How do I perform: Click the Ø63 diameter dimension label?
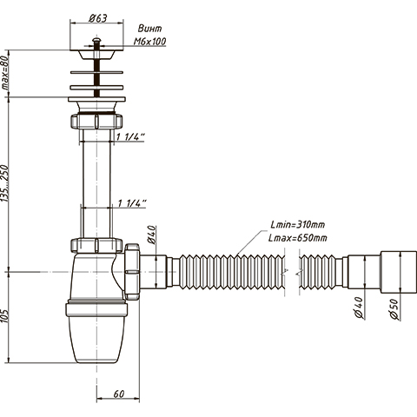click(98, 18)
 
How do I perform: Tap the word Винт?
click(149, 29)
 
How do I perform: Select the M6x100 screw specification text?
click(149, 42)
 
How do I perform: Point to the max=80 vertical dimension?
click(5, 73)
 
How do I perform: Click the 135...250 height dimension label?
click(5, 183)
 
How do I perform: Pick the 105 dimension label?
click(5, 316)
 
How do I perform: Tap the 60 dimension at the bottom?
click(119, 394)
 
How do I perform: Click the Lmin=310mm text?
click(298, 224)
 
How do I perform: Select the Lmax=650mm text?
click(298, 238)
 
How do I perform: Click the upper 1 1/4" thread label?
click(130, 136)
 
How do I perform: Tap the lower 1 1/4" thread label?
click(132, 203)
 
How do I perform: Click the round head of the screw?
click(96, 40)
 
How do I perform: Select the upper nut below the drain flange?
click(96, 121)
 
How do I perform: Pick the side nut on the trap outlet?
click(132, 271)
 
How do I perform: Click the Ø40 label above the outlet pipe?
click(153, 235)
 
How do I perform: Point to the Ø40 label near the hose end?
click(359, 308)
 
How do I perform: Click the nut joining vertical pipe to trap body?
click(96, 245)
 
